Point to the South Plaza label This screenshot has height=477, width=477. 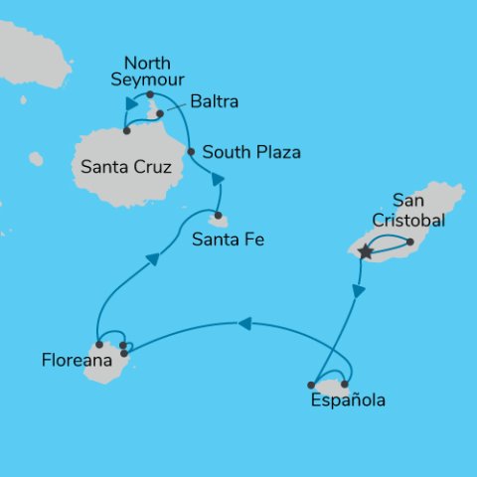click(x=250, y=152)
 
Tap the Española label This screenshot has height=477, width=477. click(x=347, y=401)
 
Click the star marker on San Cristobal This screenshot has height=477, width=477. click(x=365, y=252)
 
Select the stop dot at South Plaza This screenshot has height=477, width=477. click(x=190, y=152)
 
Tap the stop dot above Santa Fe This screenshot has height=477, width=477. click(x=218, y=214)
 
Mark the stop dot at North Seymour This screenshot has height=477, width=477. click(x=149, y=94)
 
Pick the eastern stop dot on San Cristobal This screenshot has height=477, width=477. click(x=409, y=240)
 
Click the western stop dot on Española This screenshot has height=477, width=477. click(x=312, y=385)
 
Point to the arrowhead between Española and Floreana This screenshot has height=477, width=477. click(x=244, y=322)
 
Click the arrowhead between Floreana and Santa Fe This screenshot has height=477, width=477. click(x=152, y=259)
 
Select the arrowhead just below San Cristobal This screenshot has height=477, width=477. click(x=359, y=291)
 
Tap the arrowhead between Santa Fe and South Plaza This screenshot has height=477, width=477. click(x=217, y=179)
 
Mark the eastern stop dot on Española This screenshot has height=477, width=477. click(x=345, y=384)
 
